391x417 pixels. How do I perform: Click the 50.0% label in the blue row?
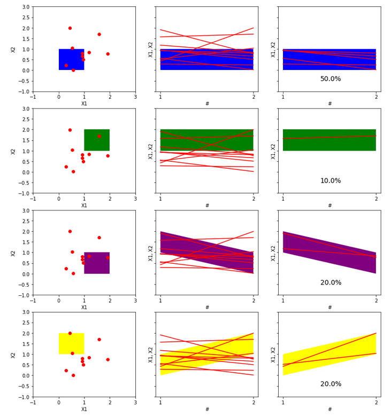tap(330, 79)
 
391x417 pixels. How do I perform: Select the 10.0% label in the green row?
tap(330, 181)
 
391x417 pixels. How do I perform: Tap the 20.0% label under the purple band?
tap(330, 283)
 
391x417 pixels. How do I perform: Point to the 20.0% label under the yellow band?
tap(330, 384)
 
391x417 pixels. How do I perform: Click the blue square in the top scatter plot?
tap(71, 60)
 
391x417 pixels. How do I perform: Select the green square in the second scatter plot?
tap(97, 140)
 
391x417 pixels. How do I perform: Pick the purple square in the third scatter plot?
tap(97, 263)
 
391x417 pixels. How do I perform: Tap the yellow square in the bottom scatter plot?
tap(71, 344)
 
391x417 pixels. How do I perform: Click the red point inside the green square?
tap(99, 136)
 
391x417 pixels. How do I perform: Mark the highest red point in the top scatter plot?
tap(70, 28)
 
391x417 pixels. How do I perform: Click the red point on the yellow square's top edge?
tap(70, 333)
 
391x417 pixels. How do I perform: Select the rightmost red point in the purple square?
tap(108, 257)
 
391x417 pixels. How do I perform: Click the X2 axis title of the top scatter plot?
tap(13, 49)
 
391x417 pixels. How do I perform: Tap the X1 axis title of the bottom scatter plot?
tap(84, 409)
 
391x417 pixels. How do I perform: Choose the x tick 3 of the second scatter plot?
tap(135, 198)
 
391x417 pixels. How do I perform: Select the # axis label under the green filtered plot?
tap(329, 206)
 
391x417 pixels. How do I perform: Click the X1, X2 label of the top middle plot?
tap(151, 49)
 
